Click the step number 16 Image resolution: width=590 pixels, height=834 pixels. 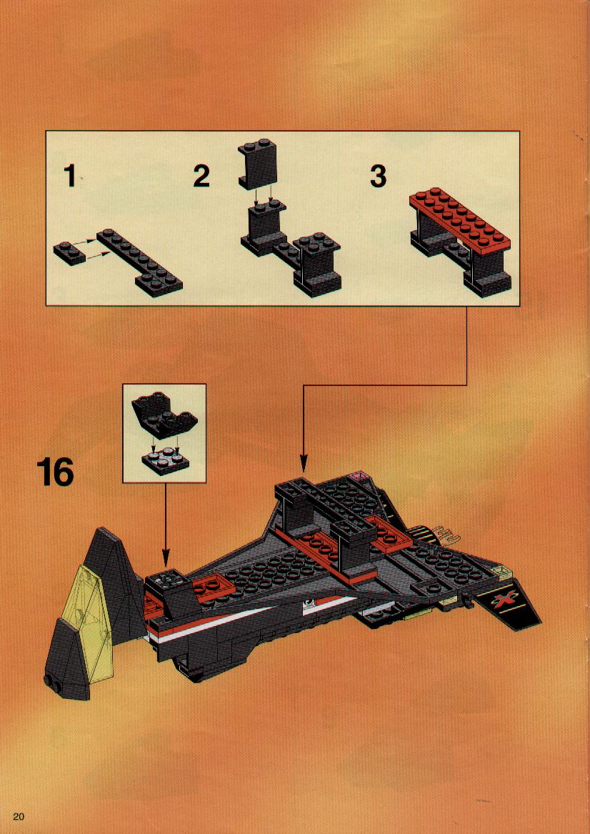55,473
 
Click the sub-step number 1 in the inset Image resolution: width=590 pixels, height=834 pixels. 70,176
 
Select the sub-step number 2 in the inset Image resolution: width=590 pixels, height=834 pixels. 201,176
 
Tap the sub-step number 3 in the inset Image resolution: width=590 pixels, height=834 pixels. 378,176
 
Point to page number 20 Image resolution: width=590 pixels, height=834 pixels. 19,816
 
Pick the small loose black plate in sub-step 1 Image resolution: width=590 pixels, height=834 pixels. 69,253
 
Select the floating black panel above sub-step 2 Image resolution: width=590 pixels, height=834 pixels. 259,163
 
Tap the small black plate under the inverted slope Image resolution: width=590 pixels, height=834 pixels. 164,462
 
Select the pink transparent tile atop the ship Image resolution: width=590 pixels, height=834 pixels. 361,475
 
